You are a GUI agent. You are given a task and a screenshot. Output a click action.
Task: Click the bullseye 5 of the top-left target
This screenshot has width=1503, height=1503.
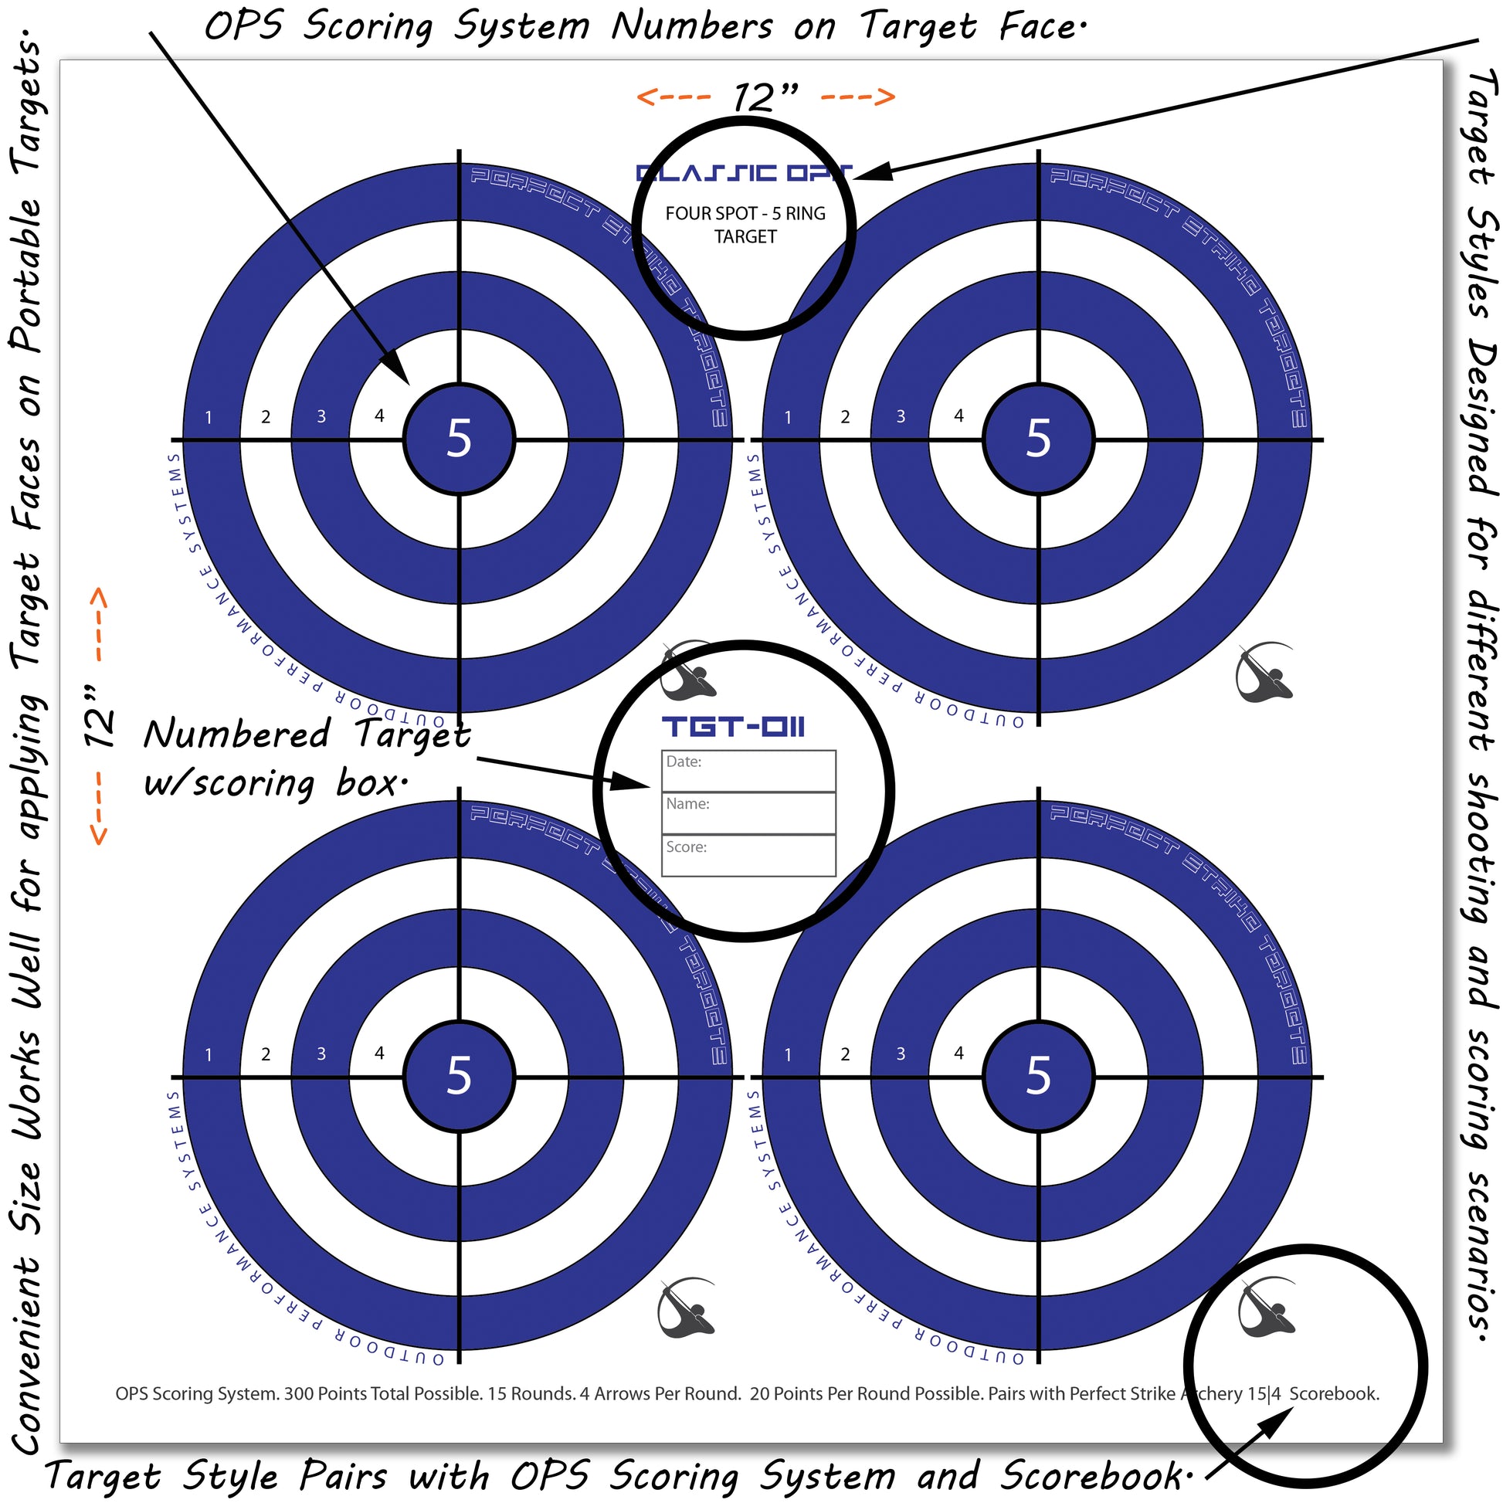click(459, 439)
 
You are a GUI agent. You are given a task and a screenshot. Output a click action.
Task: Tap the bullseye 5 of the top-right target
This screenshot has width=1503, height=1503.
click(1039, 439)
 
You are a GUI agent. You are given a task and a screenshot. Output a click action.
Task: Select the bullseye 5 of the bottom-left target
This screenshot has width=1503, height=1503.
click(459, 1076)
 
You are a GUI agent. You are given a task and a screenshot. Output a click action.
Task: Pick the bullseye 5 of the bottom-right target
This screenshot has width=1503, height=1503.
click(1039, 1076)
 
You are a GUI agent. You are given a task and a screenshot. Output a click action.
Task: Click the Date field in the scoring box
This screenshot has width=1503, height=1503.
click(748, 771)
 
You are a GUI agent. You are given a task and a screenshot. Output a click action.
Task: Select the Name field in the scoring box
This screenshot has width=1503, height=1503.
click(748, 813)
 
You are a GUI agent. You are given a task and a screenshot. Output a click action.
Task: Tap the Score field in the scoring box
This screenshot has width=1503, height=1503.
click(748, 856)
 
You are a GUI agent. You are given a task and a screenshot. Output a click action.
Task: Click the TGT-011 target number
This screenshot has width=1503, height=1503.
click(733, 728)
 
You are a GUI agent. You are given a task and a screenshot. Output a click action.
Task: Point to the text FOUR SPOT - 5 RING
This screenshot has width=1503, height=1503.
click(745, 213)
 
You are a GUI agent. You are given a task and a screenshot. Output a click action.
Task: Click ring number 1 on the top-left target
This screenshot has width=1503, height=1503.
click(209, 418)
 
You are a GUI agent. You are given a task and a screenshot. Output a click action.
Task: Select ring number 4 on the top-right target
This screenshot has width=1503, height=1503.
click(958, 416)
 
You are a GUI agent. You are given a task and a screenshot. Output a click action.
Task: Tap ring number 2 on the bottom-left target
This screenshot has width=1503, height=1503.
click(266, 1055)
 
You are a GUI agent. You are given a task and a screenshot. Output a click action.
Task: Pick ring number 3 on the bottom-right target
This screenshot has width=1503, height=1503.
click(901, 1054)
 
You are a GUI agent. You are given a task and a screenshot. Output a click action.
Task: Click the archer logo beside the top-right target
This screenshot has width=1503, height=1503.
click(1264, 673)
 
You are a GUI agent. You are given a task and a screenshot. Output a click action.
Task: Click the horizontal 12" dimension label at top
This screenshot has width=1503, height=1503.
click(765, 97)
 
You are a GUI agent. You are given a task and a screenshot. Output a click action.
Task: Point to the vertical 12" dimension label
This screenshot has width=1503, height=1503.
click(99, 717)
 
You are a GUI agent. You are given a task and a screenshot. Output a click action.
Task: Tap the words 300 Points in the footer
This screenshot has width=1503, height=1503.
click(319, 1394)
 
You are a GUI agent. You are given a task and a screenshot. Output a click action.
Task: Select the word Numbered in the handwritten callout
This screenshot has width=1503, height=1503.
click(236, 735)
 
